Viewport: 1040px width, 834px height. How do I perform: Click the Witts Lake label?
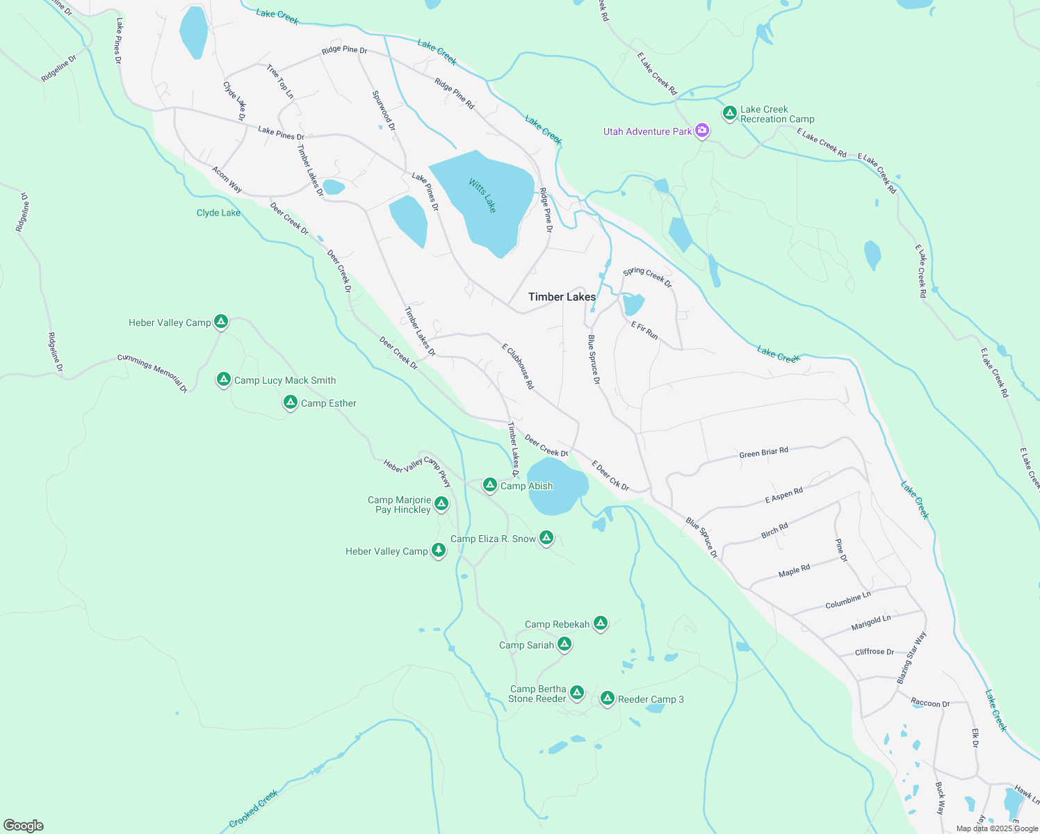[x=482, y=195]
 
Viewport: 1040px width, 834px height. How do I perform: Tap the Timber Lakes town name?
[x=562, y=297]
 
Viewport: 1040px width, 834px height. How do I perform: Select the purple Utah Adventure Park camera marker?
[x=702, y=131]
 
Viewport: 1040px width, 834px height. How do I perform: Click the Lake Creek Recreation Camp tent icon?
[x=729, y=113]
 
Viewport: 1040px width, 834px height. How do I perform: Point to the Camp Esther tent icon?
[x=291, y=402]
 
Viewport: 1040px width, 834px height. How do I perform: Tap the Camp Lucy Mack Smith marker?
[x=223, y=379]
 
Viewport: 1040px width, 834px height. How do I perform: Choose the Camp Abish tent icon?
[x=489, y=484]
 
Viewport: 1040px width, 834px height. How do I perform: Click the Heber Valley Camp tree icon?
[x=438, y=550]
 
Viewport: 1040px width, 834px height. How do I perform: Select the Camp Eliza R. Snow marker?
[x=546, y=538]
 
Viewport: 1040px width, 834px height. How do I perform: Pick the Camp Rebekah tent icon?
[x=601, y=623]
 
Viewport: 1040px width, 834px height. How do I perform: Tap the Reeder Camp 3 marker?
[x=607, y=698]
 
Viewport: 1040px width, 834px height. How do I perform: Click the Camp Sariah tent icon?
[x=564, y=644]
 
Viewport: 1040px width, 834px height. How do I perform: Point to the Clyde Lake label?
[x=218, y=213]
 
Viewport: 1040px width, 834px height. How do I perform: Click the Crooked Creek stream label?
[x=254, y=808]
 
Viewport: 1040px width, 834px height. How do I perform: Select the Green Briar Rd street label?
[x=763, y=452]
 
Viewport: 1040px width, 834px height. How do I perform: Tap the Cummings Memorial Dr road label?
[x=152, y=373]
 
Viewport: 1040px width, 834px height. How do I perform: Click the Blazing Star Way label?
[x=911, y=657]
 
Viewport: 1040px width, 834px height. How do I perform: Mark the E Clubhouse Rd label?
[x=518, y=366]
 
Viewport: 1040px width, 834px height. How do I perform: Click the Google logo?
[x=24, y=826]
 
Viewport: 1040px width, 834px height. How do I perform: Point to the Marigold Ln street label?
[x=870, y=623]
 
